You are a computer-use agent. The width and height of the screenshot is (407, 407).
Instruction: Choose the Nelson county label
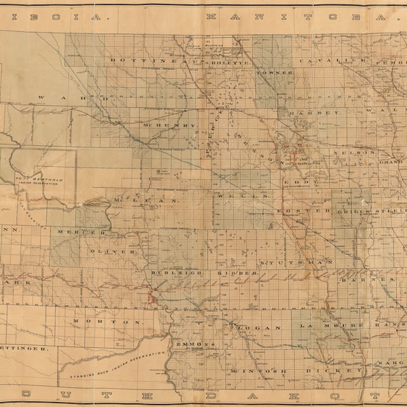[x=353, y=153]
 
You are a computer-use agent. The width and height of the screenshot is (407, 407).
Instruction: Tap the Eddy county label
[x=296, y=182]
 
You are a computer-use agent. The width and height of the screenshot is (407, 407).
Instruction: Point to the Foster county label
[x=304, y=210]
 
